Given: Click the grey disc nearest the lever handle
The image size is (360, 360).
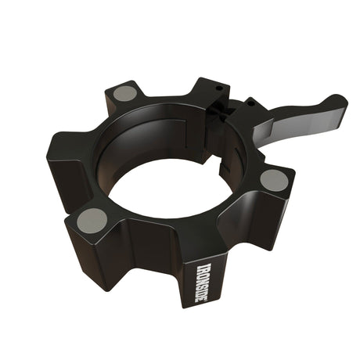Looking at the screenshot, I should point(274,180).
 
